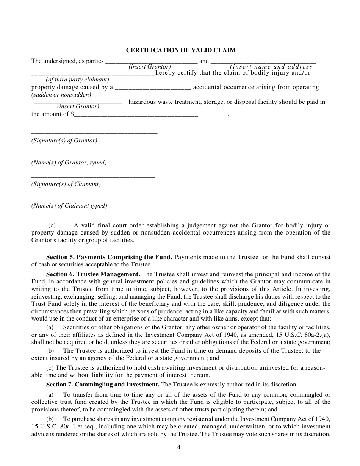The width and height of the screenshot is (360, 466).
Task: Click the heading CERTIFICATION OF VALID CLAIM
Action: coord(181,50)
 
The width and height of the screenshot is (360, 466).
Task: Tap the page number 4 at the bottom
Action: coord(179,447)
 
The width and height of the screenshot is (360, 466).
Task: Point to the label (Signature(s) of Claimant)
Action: coord(66,185)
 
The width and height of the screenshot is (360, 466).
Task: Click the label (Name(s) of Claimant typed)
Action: coord(69,206)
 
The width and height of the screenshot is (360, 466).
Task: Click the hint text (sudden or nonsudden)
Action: coord(61,95)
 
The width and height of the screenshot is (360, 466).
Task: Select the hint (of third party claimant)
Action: coord(77,80)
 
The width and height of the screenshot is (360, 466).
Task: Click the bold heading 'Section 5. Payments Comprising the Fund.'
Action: coord(109,257)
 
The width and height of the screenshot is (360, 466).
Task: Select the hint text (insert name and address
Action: coord(271,67)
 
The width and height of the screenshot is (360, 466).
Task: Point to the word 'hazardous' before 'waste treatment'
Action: coord(142,102)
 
